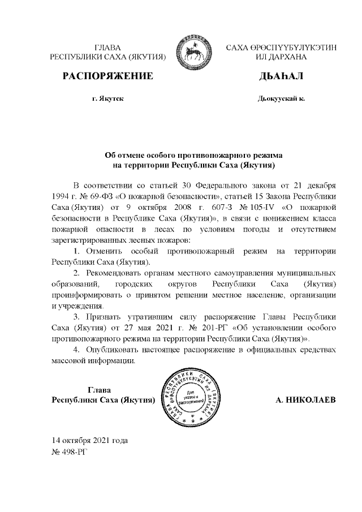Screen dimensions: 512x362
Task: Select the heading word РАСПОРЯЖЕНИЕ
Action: pyautogui.click(x=107, y=76)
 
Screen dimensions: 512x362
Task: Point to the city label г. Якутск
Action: pyautogui.click(x=107, y=98)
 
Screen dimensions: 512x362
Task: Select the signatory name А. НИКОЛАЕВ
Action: pyautogui.click(x=305, y=401)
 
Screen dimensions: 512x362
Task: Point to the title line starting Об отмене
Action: pyautogui.click(x=194, y=154)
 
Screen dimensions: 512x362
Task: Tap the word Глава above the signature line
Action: pyautogui.click(x=102, y=389)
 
